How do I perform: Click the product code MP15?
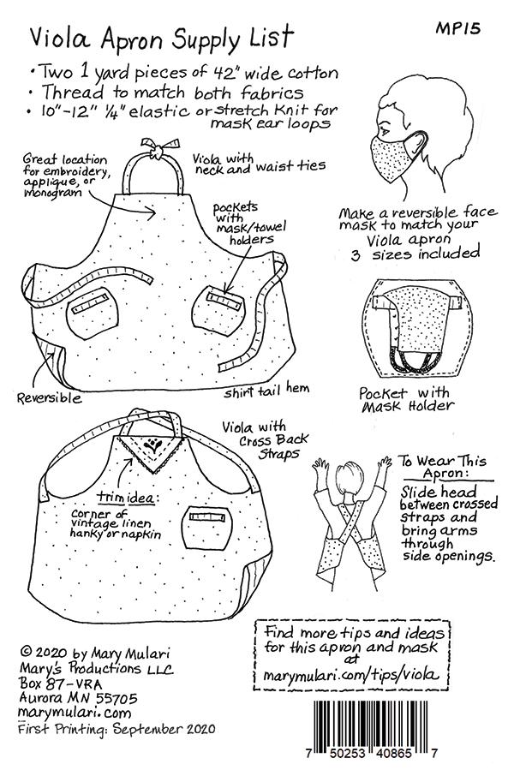[x=457, y=28]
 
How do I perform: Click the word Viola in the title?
[x=60, y=38]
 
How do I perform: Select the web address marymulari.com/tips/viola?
[x=352, y=675]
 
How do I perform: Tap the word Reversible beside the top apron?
[x=49, y=397]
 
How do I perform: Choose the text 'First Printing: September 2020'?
[x=117, y=728]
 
